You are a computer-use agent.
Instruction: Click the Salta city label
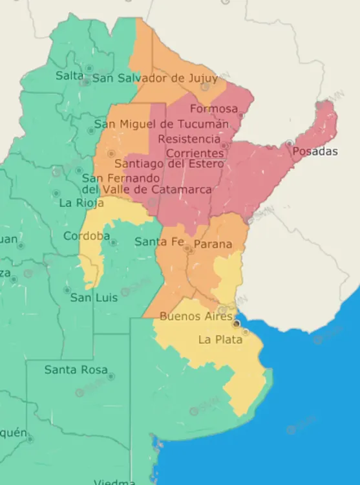pos(69,76)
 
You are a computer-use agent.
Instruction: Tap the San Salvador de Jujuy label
pos(155,78)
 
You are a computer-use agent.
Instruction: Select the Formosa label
pos(214,109)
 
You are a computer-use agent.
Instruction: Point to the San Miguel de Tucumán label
pos(162,124)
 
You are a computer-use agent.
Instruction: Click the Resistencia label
pos(189,139)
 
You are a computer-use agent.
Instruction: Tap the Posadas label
pos(315,151)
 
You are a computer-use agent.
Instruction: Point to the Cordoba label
pos(87,236)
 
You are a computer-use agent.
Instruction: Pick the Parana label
pos(213,244)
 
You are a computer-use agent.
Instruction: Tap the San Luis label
pos(94,297)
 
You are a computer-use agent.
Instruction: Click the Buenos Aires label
pos(195,317)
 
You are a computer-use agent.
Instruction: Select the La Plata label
pos(220,339)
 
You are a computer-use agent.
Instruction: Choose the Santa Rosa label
pos(74,370)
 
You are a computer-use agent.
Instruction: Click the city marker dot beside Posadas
pos(290,143)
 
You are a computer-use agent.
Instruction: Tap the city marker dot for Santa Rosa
pos(111,376)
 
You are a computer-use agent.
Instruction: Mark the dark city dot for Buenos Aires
pos(237,323)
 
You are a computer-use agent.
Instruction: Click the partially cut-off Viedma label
pos(114,481)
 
